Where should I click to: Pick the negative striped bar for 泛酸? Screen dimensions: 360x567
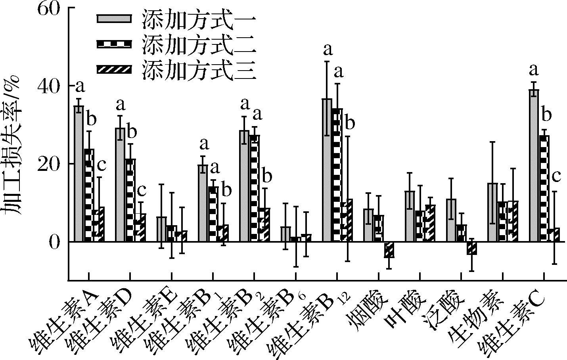click(x=472, y=248)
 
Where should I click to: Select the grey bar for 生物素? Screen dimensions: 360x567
click(x=492, y=212)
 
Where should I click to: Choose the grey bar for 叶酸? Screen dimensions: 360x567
click(x=410, y=216)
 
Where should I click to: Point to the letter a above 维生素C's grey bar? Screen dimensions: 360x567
click(x=534, y=71)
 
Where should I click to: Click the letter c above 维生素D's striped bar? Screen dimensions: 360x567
click(x=142, y=191)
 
